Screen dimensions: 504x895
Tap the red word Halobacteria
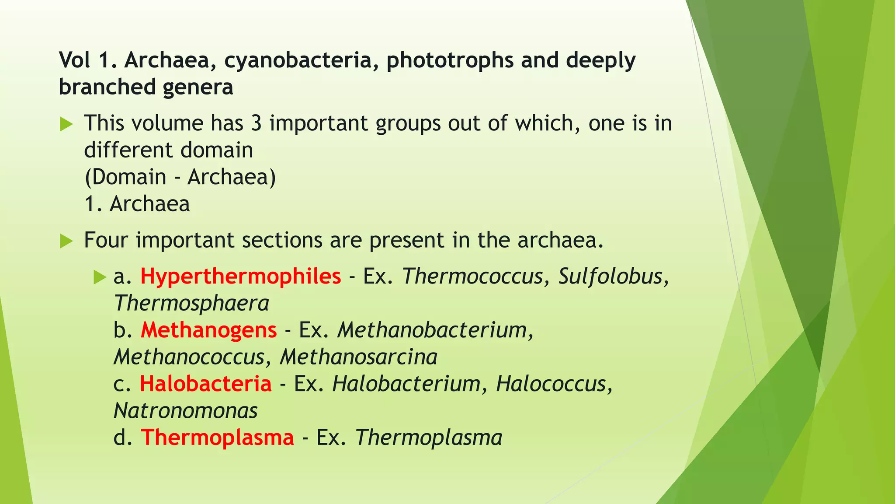coord(205,384)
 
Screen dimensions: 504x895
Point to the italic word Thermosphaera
coord(191,304)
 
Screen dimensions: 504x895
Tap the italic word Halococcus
coord(552,384)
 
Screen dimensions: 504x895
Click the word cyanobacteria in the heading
coord(302,60)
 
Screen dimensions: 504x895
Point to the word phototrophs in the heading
coord(450,60)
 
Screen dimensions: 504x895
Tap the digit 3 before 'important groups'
coord(256,123)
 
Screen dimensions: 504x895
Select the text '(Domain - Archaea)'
coord(180,177)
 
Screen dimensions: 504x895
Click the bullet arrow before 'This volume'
coord(66,124)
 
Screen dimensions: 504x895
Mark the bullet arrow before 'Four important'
coord(66,241)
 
